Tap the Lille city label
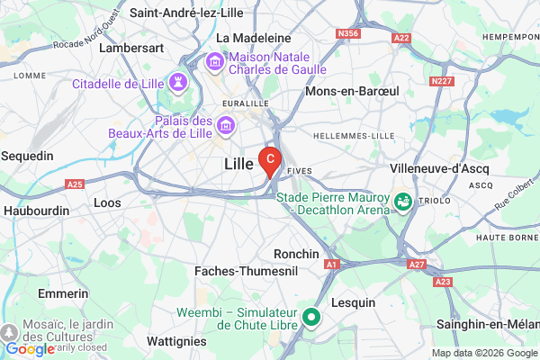[238, 165]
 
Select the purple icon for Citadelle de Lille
[179, 83]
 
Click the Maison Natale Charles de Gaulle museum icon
[215, 61]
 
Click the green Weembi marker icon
[312, 317]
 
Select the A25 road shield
[76, 184]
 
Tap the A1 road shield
[331, 264]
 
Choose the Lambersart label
[130, 47]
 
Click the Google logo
[30, 349]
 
